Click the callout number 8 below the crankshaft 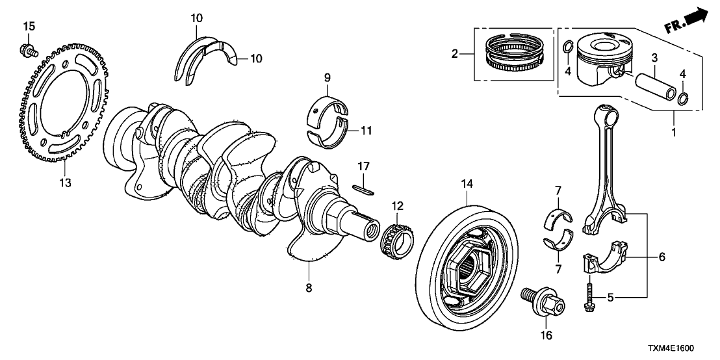[x=309, y=287]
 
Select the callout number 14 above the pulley [x=465, y=184]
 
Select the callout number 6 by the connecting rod [x=662, y=257]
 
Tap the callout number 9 [x=328, y=79]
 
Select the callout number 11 [x=366, y=131]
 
